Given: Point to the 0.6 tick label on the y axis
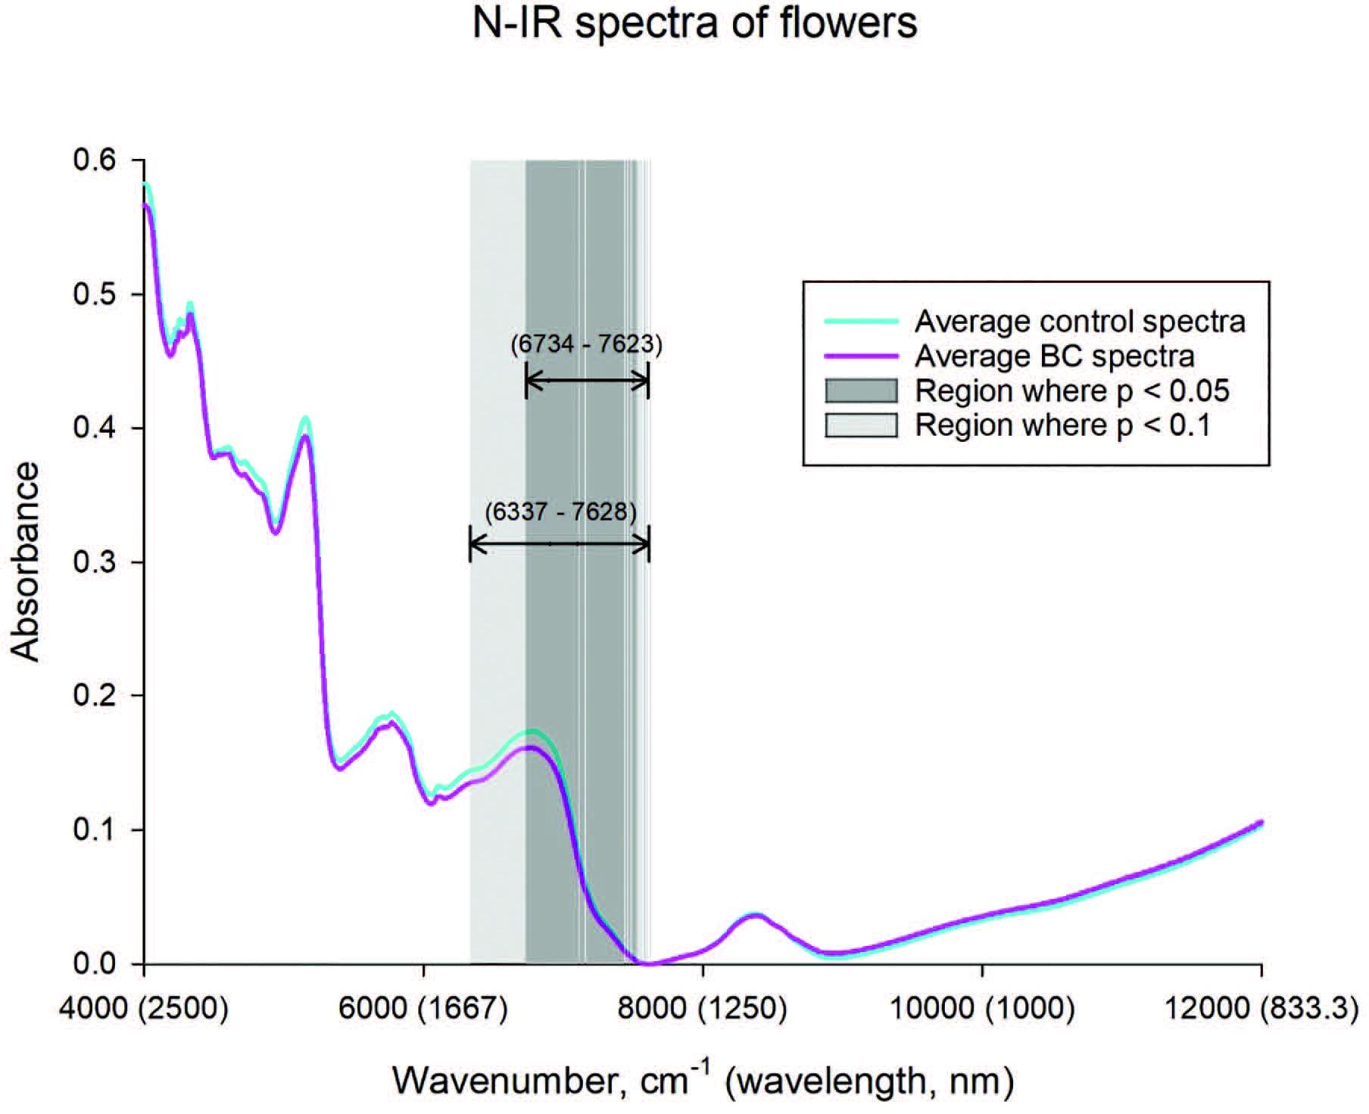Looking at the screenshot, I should (94, 160).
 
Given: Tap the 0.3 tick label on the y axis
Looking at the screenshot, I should (94, 562).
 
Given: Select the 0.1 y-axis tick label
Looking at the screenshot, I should (94, 830).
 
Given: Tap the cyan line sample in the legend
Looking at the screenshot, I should (861, 322).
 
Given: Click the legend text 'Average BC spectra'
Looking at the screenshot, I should (1054, 356).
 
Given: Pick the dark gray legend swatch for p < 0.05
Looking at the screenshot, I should (861, 391).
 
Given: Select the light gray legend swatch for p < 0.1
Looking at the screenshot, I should (861, 425).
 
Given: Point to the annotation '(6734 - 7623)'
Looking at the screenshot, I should (586, 345).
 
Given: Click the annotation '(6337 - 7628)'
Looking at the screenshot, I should (560, 512).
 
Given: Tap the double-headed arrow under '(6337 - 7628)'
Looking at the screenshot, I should (560, 544).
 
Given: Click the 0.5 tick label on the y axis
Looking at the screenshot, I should (94, 294).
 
